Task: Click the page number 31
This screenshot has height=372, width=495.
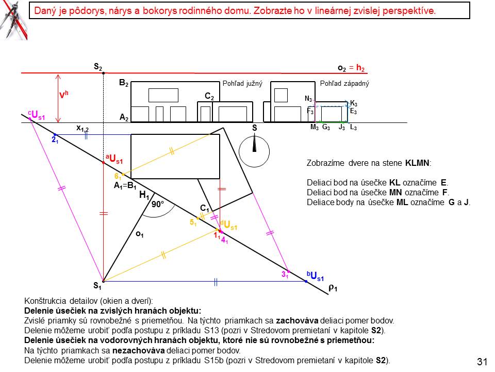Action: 482,362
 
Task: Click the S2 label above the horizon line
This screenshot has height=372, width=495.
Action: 98,67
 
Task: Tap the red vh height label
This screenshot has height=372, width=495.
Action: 64,96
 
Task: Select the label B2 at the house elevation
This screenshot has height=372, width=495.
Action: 124,83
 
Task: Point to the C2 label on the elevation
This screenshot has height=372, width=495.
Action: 209,96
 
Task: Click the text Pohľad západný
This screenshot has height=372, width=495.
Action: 344,83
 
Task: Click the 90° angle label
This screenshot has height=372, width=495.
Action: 157,204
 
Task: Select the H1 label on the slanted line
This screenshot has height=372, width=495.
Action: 144,196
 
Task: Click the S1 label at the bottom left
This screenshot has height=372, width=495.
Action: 97,286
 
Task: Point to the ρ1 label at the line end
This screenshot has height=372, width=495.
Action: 333,288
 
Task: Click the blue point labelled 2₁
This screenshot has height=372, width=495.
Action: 55,135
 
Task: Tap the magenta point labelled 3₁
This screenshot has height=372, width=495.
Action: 288,271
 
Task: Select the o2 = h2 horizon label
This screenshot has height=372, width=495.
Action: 351,68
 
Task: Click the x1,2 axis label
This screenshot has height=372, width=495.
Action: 82,128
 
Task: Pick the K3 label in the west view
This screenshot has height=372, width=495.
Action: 353,103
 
